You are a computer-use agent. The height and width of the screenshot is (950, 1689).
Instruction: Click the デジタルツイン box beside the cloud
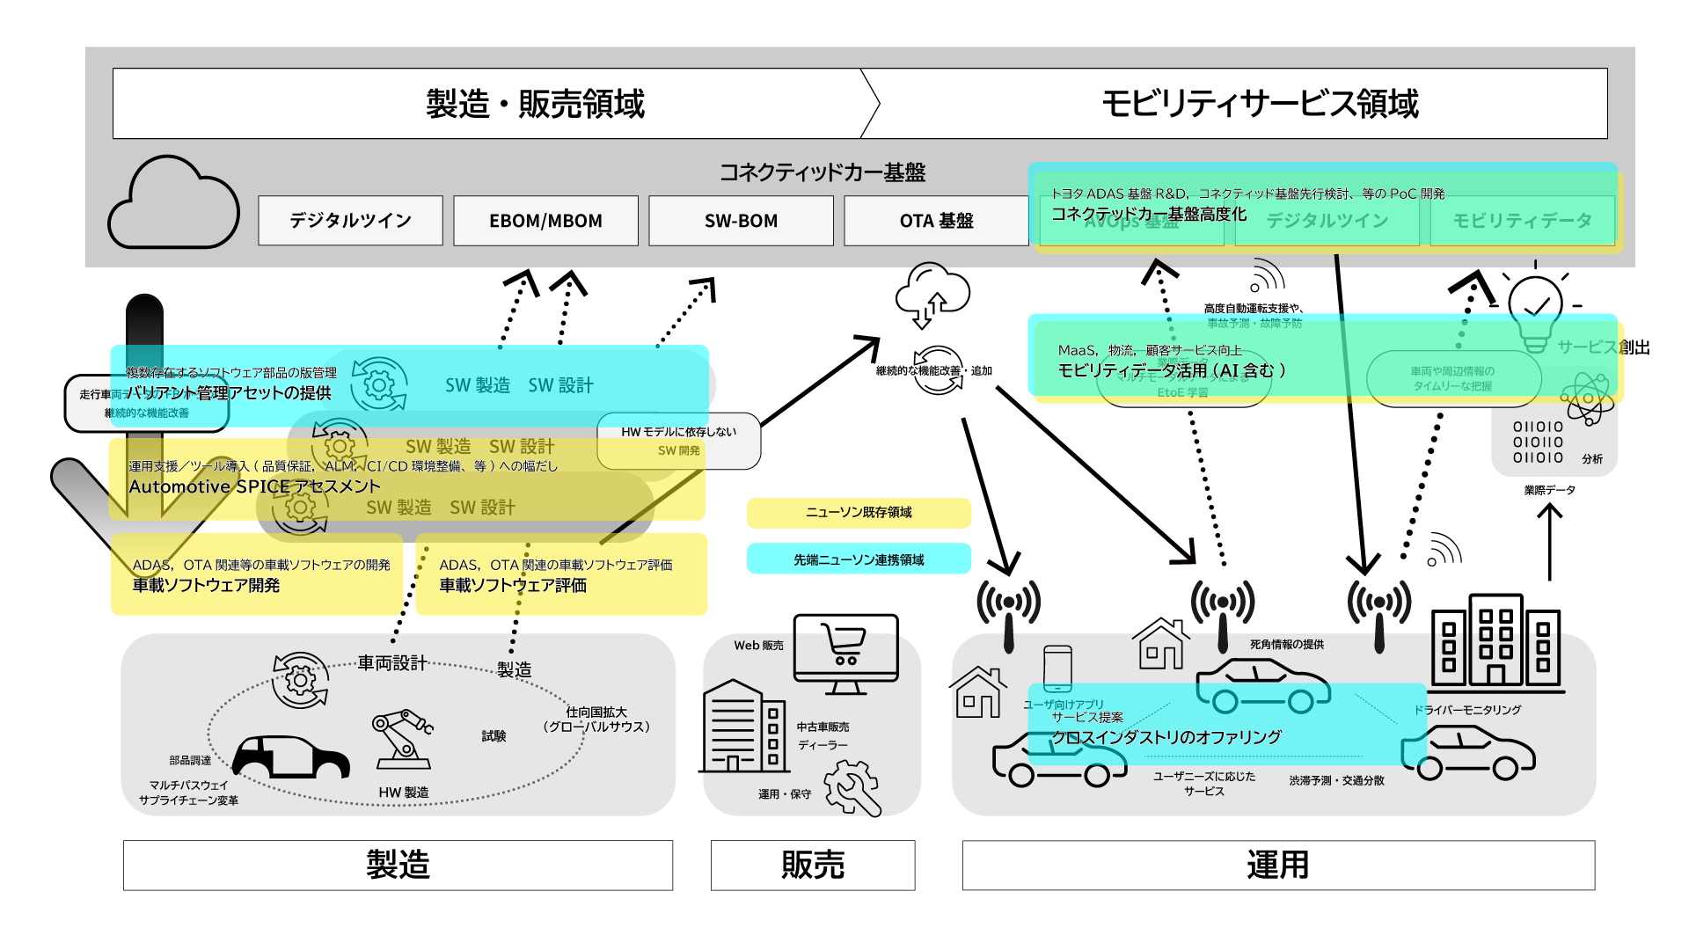[x=350, y=221]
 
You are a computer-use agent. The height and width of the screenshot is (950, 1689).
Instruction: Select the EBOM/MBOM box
[x=545, y=221]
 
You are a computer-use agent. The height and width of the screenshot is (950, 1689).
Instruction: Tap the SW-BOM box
[x=741, y=221]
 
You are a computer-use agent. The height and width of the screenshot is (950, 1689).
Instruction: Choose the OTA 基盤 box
[x=936, y=221]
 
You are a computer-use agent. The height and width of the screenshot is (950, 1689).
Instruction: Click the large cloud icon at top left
[x=174, y=204]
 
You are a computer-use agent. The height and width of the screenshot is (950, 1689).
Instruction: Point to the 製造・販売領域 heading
[x=535, y=104]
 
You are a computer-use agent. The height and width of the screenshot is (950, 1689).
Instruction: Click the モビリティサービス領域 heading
[x=1260, y=104]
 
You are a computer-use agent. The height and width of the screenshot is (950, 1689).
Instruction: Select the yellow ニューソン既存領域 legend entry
[x=859, y=513]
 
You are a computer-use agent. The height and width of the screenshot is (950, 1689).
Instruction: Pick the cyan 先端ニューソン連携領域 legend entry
[x=859, y=559]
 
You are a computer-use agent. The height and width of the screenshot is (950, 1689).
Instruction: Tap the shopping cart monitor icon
[x=845, y=652]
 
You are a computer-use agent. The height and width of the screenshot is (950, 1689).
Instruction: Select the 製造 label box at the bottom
[x=398, y=865]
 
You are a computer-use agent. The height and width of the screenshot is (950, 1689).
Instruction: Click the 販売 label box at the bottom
[x=813, y=865]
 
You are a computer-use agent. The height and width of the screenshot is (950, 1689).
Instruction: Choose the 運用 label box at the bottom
[x=1278, y=865]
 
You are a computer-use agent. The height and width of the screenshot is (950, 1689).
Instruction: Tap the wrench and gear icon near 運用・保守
[x=852, y=787]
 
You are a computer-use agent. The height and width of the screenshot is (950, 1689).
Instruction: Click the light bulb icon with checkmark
[x=1535, y=312]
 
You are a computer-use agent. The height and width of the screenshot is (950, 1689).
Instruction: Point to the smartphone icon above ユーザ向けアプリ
[x=1057, y=669]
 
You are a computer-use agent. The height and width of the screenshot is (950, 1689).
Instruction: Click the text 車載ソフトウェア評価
[x=513, y=586]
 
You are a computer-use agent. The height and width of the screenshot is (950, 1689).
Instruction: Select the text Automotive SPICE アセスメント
[x=254, y=486]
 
